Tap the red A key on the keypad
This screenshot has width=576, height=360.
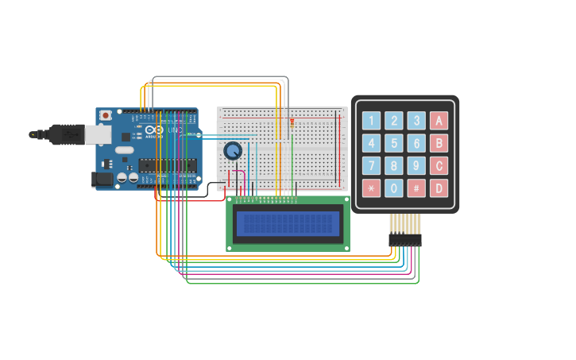coord(439,121)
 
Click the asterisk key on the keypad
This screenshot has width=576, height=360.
coord(371,188)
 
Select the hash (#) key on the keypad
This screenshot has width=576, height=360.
coord(416,188)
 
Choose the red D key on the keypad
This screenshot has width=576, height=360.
coord(439,188)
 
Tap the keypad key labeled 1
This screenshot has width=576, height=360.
coord(371,121)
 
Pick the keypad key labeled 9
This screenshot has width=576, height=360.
coord(416,166)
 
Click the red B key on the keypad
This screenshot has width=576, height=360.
coord(439,143)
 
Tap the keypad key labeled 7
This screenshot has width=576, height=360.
coord(371,166)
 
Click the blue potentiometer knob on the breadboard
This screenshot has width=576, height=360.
coord(233,150)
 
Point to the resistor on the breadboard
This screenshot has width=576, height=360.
coord(292,122)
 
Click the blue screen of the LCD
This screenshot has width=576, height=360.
coord(288,223)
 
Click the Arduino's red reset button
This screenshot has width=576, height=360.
coord(105,115)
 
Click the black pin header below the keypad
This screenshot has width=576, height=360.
coord(404,239)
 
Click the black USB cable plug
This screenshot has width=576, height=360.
coord(67,134)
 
